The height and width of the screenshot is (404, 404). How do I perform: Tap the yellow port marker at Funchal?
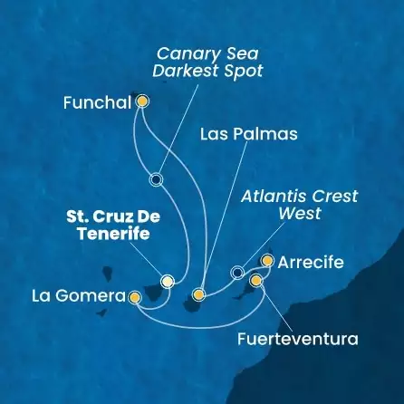[x=141, y=102]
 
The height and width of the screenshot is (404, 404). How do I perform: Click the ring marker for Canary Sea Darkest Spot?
[x=157, y=179]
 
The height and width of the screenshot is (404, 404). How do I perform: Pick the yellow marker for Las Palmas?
[x=199, y=294]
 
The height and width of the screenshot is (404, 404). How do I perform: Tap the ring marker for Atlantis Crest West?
[x=237, y=271]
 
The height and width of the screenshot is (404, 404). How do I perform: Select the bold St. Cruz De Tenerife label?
[x=105, y=226]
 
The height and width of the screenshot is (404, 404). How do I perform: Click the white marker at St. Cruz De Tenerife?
[x=167, y=281]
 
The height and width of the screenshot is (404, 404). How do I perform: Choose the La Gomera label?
[x=79, y=296]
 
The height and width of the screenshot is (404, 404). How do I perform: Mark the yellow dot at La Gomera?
[x=135, y=296]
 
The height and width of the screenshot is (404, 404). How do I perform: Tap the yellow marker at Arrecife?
[x=266, y=261]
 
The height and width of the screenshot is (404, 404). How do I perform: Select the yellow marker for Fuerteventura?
[x=256, y=281]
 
